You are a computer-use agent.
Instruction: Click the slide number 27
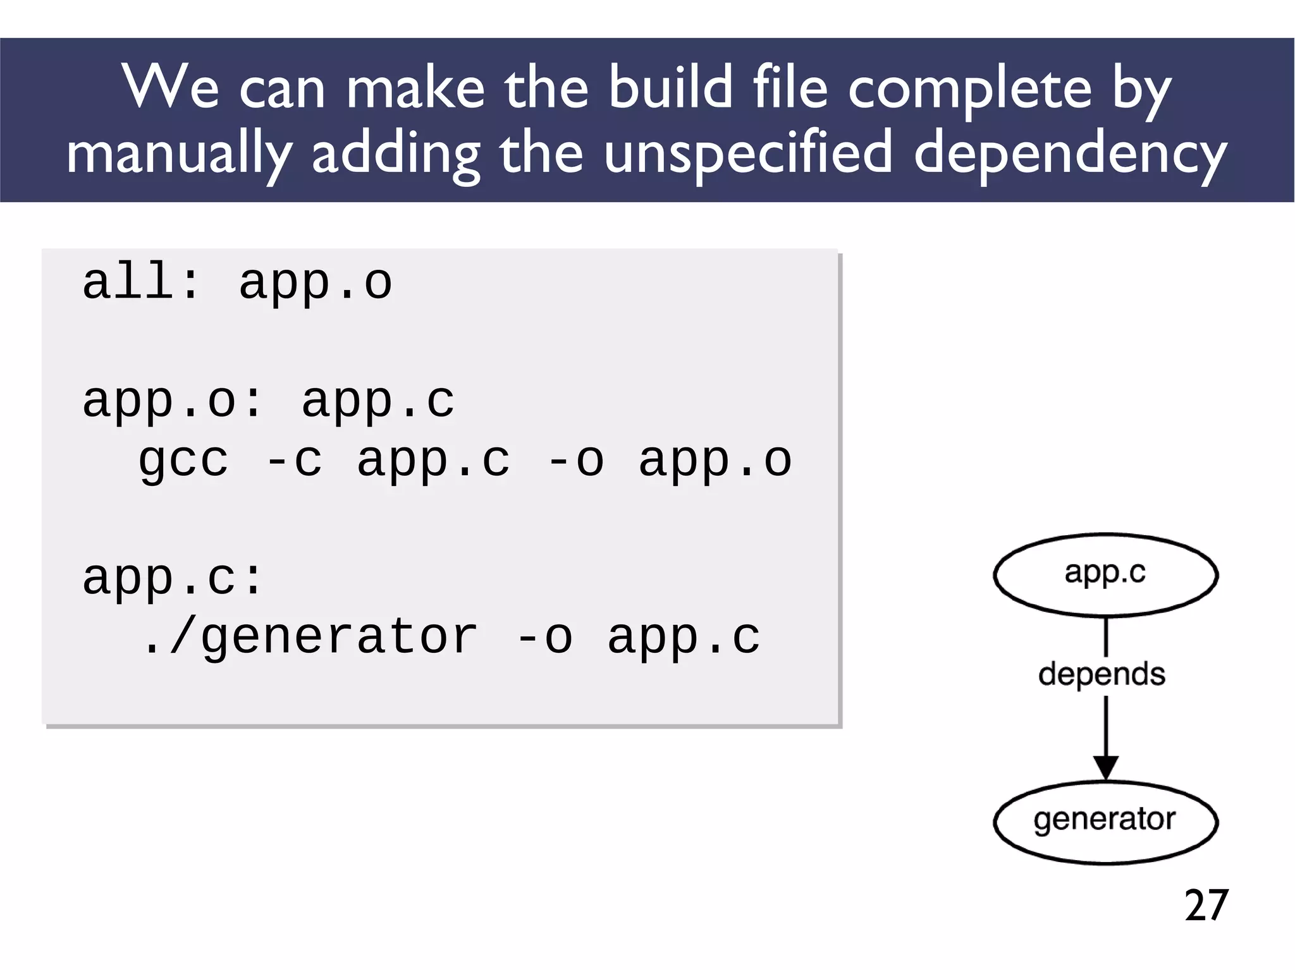[1206, 905]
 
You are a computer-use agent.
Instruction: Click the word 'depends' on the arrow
[1102, 674]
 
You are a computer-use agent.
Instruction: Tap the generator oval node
[1105, 821]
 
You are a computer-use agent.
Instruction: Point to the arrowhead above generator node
[1106, 767]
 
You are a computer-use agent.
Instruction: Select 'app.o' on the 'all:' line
[315, 283]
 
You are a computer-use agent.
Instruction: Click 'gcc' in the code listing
[183, 461]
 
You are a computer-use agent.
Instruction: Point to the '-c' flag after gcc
[294, 461]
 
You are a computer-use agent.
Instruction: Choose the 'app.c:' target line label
[172, 578]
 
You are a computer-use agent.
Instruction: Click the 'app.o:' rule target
[172, 401]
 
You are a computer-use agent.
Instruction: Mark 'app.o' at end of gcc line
[715, 461]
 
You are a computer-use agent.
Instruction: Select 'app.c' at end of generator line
[684, 637]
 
